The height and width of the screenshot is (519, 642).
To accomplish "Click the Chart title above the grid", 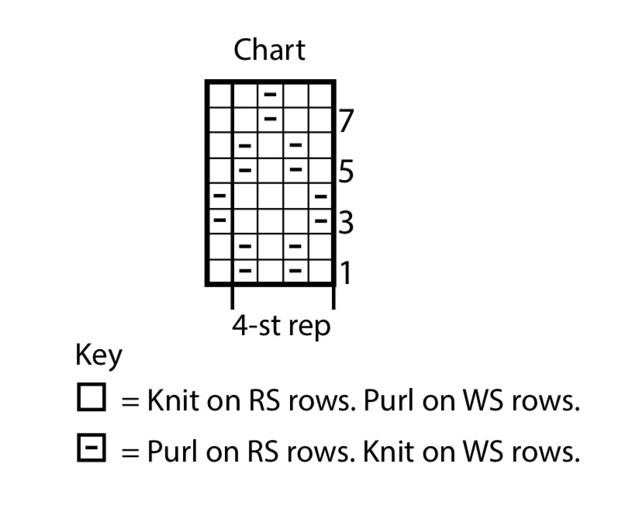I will [x=269, y=50].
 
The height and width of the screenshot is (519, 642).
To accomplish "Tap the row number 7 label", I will [x=346, y=121].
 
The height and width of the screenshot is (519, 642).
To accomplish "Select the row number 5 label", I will [x=346, y=171].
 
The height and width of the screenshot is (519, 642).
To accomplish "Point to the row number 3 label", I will [x=346, y=223].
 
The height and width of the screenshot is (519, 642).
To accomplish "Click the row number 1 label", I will [x=346, y=273].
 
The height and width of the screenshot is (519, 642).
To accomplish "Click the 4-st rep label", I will [x=281, y=325].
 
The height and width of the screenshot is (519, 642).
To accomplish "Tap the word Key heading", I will [x=98, y=355].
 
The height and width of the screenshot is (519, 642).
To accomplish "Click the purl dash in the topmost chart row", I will [x=270, y=94].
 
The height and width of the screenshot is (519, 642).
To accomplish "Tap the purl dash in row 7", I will [x=270, y=119].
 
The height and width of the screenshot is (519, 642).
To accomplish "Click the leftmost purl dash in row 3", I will [x=219, y=221].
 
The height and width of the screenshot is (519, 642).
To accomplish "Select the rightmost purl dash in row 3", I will [x=320, y=221].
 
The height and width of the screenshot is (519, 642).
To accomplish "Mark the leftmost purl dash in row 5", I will [x=245, y=170].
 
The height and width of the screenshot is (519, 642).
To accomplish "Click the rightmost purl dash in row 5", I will [x=295, y=170].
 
